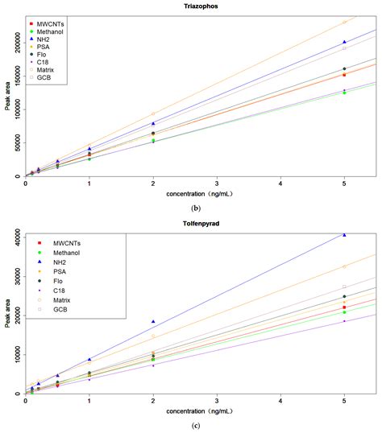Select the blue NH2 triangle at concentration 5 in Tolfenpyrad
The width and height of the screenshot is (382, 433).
344,235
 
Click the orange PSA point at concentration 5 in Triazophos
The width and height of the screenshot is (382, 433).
344,22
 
